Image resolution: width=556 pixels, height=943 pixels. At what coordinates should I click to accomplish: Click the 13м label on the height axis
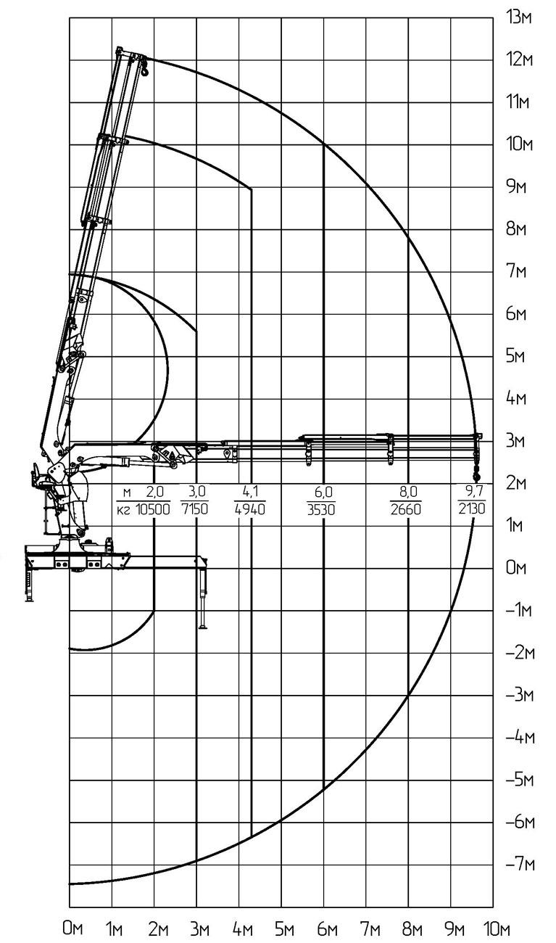(520, 18)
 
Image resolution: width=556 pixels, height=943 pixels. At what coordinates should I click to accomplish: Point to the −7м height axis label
(520, 865)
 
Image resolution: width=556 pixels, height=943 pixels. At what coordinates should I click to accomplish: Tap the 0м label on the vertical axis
(516, 568)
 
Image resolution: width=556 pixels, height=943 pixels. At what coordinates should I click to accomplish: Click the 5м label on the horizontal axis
(284, 928)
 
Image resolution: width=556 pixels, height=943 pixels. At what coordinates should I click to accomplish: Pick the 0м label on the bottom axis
(72, 928)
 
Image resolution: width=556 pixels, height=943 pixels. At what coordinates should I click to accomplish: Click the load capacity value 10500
(153, 509)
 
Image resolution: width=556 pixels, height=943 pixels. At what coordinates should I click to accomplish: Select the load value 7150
(195, 509)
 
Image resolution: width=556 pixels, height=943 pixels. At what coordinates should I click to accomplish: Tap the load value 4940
(250, 509)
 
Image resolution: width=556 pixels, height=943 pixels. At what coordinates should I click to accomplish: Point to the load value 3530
(321, 510)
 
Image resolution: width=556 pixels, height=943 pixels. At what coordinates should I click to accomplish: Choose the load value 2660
(405, 509)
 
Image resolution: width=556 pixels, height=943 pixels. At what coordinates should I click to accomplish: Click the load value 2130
(472, 509)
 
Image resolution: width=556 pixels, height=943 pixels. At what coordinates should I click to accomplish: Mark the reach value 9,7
(473, 490)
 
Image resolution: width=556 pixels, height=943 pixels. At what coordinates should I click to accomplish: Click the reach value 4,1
(251, 491)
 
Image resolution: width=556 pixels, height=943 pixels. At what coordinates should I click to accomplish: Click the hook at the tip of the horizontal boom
(476, 477)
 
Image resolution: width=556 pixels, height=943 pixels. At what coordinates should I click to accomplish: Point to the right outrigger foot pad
(203, 627)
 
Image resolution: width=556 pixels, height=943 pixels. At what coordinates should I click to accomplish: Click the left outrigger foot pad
(29, 601)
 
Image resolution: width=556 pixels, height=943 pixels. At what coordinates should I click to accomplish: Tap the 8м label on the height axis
(516, 230)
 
